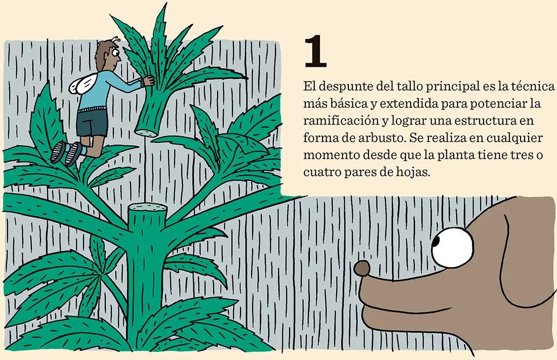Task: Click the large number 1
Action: (315, 52)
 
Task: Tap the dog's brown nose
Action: (363, 268)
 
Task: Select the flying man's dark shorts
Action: (92, 124)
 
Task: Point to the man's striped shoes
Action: (66, 151)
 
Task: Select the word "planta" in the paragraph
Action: (460, 155)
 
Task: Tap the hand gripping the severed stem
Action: (149, 81)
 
